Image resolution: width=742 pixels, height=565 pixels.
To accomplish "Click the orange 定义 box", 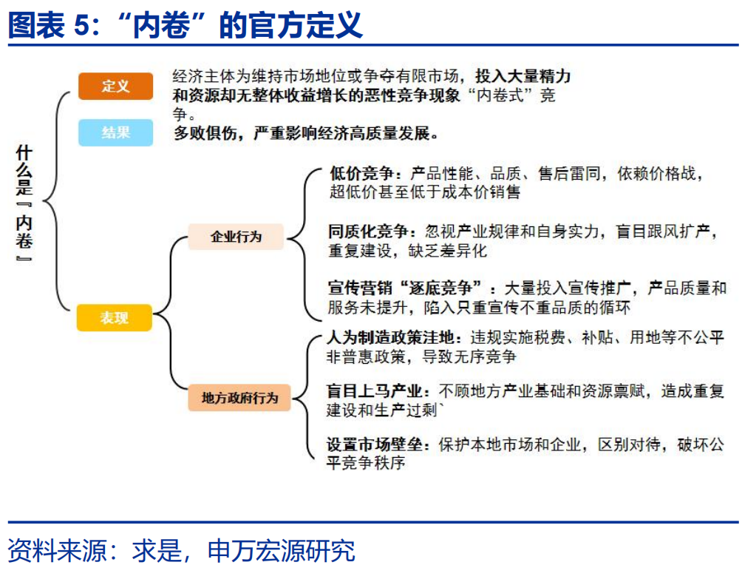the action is pyautogui.click(x=115, y=87).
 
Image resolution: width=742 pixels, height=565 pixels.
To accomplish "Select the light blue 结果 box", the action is pyautogui.click(x=115, y=132).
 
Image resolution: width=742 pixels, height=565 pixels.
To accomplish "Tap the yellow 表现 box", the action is pyautogui.click(x=115, y=318).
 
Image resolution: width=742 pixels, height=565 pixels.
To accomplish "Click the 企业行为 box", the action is pyautogui.click(x=236, y=237).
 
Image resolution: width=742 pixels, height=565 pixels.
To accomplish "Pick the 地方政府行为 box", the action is pyautogui.click(x=239, y=398).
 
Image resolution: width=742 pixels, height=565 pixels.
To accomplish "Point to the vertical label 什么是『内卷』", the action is pyautogui.click(x=24, y=203).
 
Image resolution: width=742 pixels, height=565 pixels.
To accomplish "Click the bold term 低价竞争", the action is pyautogui.click(x=361, y=173).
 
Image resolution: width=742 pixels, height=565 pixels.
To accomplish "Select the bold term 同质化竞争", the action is pyautogui.click(x=368, y=231).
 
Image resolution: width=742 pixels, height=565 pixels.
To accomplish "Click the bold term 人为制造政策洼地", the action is pyautogui.click(x=390, y=337).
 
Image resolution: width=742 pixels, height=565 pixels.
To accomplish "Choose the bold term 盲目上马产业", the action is pyautogui.click(x=374, y=390).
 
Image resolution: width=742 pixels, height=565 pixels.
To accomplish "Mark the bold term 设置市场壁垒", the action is pyautogui.click(x=374, y=444).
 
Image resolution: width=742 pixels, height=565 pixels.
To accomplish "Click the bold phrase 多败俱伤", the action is pyautogui.click(x=205, y=133).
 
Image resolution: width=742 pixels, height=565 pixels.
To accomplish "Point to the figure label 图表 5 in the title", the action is pyautogui.click(x=48, y=24).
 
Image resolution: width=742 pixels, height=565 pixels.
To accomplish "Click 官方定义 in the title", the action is pyautogui.click(x=306, y=24).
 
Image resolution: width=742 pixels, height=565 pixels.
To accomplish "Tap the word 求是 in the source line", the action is pyautogui.click(x=157, y=550).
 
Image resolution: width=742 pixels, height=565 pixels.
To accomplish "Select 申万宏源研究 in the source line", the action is pyautogui.click(x=282, y=550).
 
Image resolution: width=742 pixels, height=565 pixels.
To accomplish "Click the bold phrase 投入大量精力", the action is pyautogui.click(x=523, y=75).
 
